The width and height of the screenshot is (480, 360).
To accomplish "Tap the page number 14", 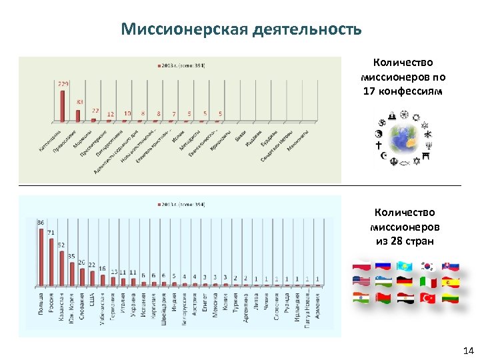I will point(467,350).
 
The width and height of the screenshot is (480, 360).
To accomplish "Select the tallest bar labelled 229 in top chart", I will point(63,106).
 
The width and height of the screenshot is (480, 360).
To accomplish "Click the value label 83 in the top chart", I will point(79,101).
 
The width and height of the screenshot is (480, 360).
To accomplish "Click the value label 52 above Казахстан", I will point(61,244).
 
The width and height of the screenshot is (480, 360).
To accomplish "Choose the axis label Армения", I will point(318,306).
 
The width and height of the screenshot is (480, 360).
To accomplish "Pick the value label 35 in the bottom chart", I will point(71,256).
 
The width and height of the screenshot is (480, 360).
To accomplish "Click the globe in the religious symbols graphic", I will point(404,140).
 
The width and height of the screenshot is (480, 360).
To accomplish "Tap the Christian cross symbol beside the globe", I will point(379,144).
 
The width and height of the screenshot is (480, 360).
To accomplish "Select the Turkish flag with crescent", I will point(427,298).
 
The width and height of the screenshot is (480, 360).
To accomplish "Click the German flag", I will point(405,282).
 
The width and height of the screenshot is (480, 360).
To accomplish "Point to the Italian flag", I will point(427,282).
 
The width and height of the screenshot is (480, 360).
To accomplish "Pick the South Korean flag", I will point(427,266).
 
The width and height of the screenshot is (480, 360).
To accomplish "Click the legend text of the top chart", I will point(183,65).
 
